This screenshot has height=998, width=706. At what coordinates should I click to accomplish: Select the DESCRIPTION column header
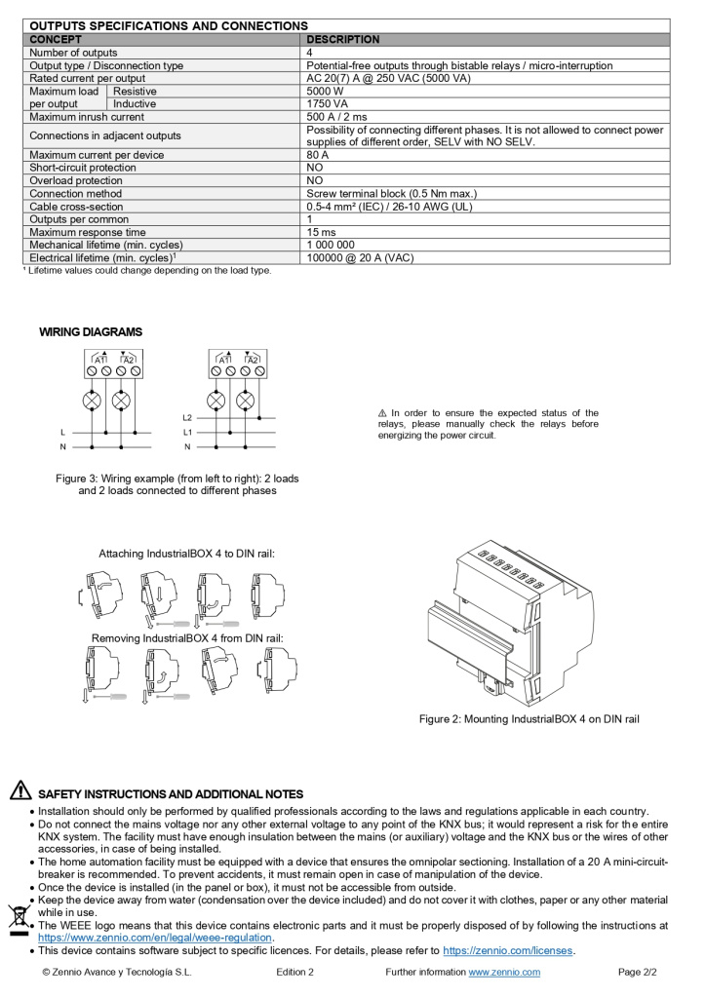click(343, 40)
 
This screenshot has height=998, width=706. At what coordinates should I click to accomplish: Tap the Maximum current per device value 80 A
click(318, 155)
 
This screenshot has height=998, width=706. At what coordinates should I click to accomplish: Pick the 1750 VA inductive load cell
click(328, 104)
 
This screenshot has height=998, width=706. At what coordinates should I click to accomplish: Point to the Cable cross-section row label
click(76, 207)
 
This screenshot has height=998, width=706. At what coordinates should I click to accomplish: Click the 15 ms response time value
click(321, 232)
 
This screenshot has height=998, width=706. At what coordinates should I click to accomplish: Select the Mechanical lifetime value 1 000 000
click(331, 245)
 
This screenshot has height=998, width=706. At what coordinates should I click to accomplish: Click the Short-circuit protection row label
click(83, 168)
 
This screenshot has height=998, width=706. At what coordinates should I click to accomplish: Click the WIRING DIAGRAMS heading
click(91, 332)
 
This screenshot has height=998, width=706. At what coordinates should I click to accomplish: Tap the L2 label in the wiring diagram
click(187, 417)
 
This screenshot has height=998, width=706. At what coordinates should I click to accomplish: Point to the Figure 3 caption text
click(176, 484)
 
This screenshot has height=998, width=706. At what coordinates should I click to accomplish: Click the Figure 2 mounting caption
click(529, 719)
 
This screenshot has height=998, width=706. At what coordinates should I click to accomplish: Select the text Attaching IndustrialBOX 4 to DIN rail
click(186, 554)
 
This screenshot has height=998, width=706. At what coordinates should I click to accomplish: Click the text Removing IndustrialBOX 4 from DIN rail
click(187, 638)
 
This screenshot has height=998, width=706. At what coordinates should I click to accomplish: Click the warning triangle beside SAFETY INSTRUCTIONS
click(20, 791)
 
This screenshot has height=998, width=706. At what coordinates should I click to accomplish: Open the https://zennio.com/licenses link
click(507, 950)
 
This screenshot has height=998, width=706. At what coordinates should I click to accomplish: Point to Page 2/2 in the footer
click(638, 972)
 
